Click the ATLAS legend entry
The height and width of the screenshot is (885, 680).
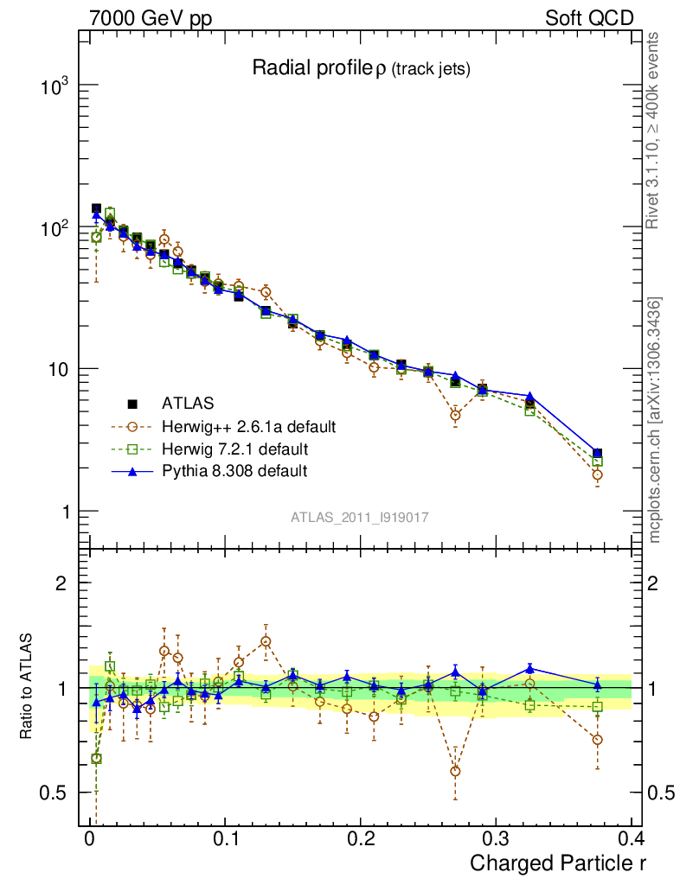(188, 403)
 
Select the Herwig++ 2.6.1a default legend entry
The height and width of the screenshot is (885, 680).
(247, 426)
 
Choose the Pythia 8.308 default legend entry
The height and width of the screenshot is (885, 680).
(234, 472)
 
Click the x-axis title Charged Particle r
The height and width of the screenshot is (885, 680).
(557, 862)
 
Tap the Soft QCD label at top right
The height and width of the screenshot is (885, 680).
(589, 17)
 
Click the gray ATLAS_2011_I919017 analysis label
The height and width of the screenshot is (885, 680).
(360, 517)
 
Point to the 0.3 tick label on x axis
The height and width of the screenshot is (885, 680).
(495, 839)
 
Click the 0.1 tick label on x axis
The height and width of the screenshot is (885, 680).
(224, 839)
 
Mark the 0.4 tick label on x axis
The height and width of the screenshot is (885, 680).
(630, 839)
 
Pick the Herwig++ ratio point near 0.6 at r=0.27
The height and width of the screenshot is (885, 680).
(455, 771)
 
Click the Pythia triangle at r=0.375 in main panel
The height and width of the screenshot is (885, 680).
(597, 452)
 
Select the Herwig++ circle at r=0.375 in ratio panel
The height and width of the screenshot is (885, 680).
(597, 740)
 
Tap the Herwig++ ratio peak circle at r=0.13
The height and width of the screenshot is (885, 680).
(266, 641)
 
